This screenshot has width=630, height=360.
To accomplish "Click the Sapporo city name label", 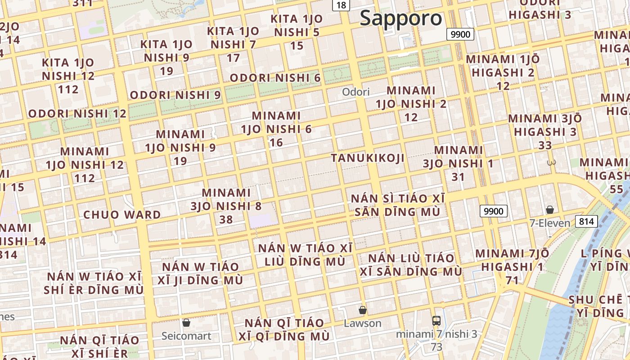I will point(401,18).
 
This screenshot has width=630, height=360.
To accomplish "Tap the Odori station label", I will point(355,92).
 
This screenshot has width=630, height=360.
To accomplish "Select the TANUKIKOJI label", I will point(368,158).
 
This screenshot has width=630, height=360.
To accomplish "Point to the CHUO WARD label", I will point(122,215).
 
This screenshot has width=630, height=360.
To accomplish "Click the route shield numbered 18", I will point(342,5).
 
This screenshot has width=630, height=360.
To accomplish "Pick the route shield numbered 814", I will point(586,221).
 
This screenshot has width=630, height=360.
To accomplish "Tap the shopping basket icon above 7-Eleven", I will point(549,210).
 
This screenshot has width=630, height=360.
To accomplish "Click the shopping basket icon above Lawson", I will point(362,310).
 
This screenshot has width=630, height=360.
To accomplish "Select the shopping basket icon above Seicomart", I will point(186,323).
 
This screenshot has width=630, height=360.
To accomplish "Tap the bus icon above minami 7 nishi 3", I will point(436,321).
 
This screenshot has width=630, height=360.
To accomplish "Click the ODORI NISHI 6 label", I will point(275,78).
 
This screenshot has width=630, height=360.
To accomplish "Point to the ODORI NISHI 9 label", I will point(175,95).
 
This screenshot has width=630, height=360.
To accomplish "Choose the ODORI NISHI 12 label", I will point(77,113).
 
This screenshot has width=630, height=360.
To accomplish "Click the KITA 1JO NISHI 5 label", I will point(297,32).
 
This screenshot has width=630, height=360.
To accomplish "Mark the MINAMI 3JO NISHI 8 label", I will point(226,206).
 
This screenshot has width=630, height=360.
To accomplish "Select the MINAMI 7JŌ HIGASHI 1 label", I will point(512,267).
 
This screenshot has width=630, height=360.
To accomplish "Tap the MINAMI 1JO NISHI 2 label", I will point(411,104).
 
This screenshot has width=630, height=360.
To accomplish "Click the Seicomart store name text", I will point(186,336).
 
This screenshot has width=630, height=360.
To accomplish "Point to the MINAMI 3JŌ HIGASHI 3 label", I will point(545,132).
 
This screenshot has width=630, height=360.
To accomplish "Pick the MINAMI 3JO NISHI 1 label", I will point(458,163).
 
